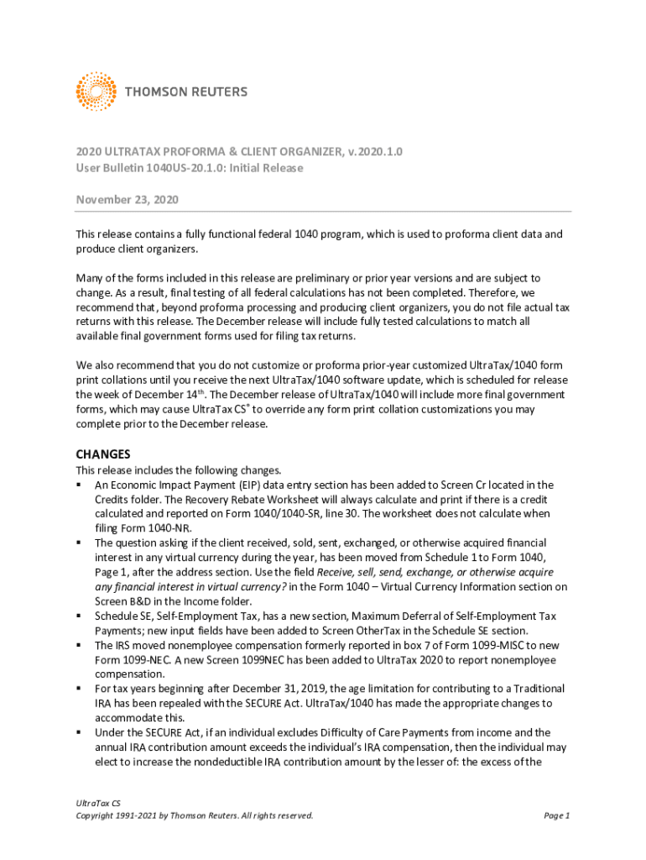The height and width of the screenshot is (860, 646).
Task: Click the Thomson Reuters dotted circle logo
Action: point(96,92)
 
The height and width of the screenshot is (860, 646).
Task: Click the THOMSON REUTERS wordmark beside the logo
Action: point(186,92)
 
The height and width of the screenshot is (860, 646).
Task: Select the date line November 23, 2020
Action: point(127,200)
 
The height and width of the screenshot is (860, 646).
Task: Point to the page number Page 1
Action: point(557,815)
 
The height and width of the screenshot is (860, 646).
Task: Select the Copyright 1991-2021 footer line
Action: point(195,815)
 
